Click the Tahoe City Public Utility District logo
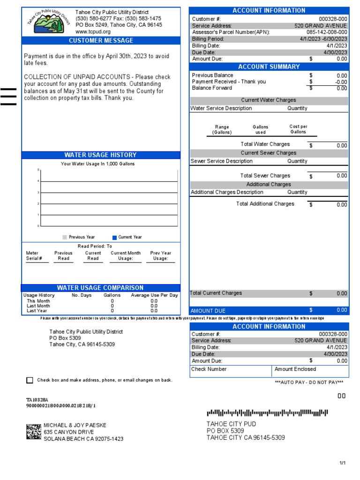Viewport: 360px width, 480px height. point(47,21)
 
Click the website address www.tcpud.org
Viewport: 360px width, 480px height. point(93,31)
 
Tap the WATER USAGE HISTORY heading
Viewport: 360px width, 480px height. point(100,155)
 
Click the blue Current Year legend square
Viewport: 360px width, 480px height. point(114,237)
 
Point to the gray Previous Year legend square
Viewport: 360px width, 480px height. point(65,237)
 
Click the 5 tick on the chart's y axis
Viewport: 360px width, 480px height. point(38,170)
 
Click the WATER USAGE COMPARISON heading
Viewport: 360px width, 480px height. point(100,287)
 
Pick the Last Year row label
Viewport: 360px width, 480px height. point(37,310)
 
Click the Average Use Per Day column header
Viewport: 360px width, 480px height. point(154,295)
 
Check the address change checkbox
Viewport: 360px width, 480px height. point(30,380)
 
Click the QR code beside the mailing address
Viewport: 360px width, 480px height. point(33,432)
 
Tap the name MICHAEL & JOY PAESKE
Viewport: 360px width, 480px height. point(75,425)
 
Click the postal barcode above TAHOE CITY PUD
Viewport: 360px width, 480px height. point(268,413)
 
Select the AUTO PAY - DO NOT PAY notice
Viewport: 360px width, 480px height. point(309,382)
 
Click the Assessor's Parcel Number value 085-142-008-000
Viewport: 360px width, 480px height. point(327,32)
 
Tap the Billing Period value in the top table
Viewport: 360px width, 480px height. point(323,39)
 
